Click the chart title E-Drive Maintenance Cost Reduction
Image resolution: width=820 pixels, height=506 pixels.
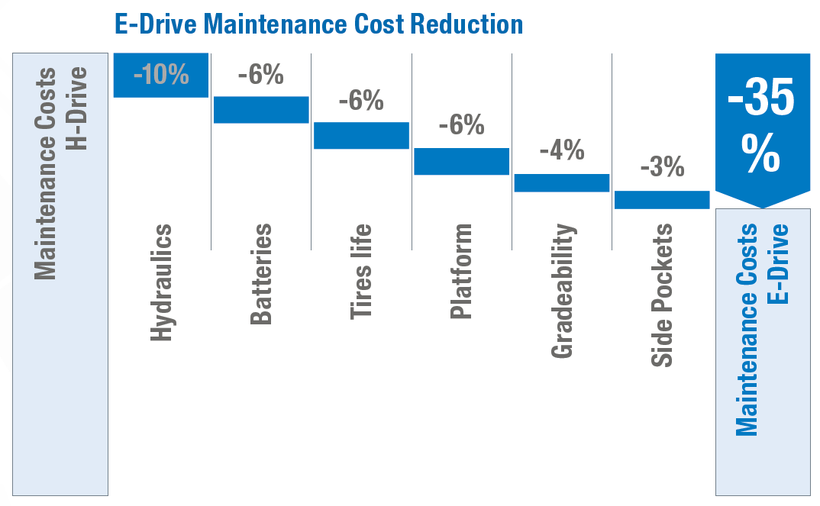click(x=318, y=24)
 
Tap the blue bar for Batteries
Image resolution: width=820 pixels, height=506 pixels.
click(x=261, y=110)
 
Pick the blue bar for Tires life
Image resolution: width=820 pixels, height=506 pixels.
click(x=361, y=135)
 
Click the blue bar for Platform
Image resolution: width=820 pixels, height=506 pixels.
click(x=461, y=161)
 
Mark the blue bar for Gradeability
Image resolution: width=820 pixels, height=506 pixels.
click(x=561, y=182)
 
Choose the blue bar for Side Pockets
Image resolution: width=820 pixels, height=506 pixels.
click(x=661, y=199)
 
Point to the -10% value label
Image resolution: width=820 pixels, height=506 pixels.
click(x=160, y=75)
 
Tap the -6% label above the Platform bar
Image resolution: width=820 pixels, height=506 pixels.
click(x=461, y=125)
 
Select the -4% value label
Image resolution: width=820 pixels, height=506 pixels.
click(x=561, y=150)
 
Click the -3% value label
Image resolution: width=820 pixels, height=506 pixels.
click(x=661, y=166)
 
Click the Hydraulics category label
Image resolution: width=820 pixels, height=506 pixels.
click(x=161, y=282)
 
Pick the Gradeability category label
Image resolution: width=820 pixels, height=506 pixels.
click(x=561, y=291)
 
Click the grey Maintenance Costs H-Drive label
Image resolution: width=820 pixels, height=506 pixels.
click(x=60, y=173)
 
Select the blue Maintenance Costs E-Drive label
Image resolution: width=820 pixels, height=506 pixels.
click(x=762, y=330)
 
